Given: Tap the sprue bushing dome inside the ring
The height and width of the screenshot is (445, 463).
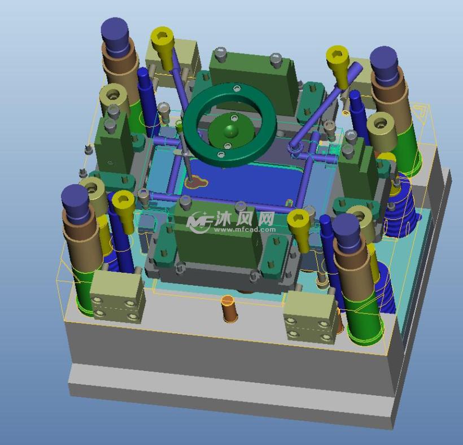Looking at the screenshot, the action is [x=230, y=131].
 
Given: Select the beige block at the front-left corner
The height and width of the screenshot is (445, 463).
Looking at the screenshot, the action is [x=117, y=296].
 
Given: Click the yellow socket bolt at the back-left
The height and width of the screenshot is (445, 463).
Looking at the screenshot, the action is [x=163, y=47].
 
